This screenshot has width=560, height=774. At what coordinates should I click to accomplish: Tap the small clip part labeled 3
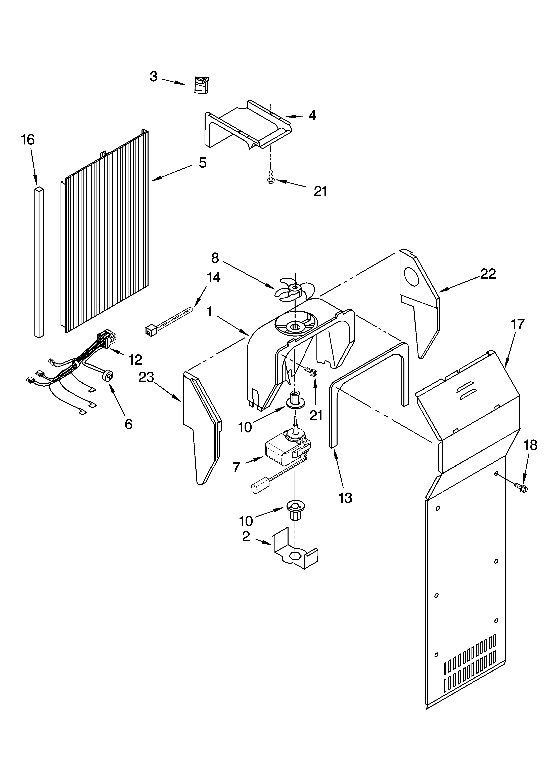pyautogui.click(x=202, y=85)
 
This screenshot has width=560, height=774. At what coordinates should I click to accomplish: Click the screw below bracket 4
pyautogui.click(x=271, y=177)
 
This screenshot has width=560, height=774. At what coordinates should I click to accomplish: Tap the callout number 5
pyautogui.click(x=203, y=163)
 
